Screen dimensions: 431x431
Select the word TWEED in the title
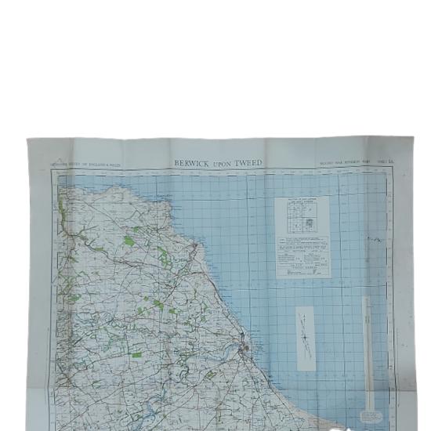pos(251,163)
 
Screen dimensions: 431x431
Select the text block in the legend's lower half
pos(302,255)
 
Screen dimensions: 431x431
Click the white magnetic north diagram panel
pos(304,333)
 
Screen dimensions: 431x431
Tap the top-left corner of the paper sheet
pos(28,139)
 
